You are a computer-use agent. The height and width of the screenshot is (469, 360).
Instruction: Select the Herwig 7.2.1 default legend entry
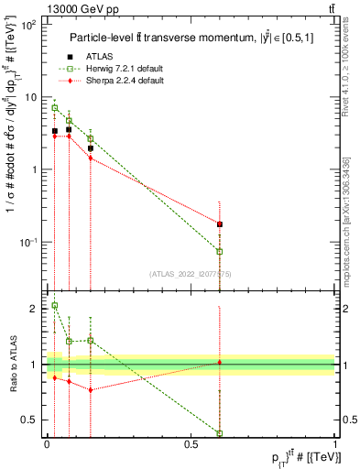coord(120,71)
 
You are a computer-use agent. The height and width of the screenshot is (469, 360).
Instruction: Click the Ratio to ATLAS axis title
coord(12,365)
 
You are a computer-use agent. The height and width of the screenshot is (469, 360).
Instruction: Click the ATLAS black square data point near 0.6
coord(220,224)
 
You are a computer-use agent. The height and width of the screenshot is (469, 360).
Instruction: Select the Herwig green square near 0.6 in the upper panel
coord(220,251)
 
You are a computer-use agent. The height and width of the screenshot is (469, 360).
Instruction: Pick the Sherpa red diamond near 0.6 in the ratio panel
coord(220,363)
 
